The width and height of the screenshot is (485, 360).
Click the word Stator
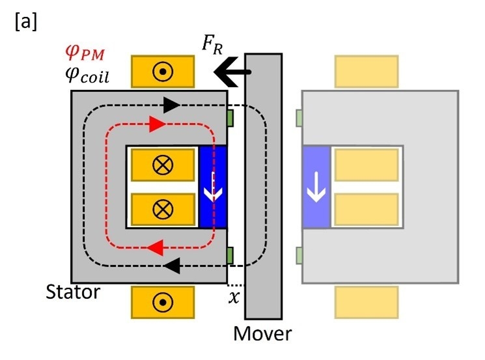[73, 292]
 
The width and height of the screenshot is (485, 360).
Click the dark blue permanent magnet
[212, 187]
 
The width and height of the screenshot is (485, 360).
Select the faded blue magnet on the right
[317, 187]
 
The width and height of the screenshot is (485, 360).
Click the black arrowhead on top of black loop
[171, 104]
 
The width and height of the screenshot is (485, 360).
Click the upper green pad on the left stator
[230, 118]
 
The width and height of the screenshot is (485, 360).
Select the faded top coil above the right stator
[365, 72]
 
